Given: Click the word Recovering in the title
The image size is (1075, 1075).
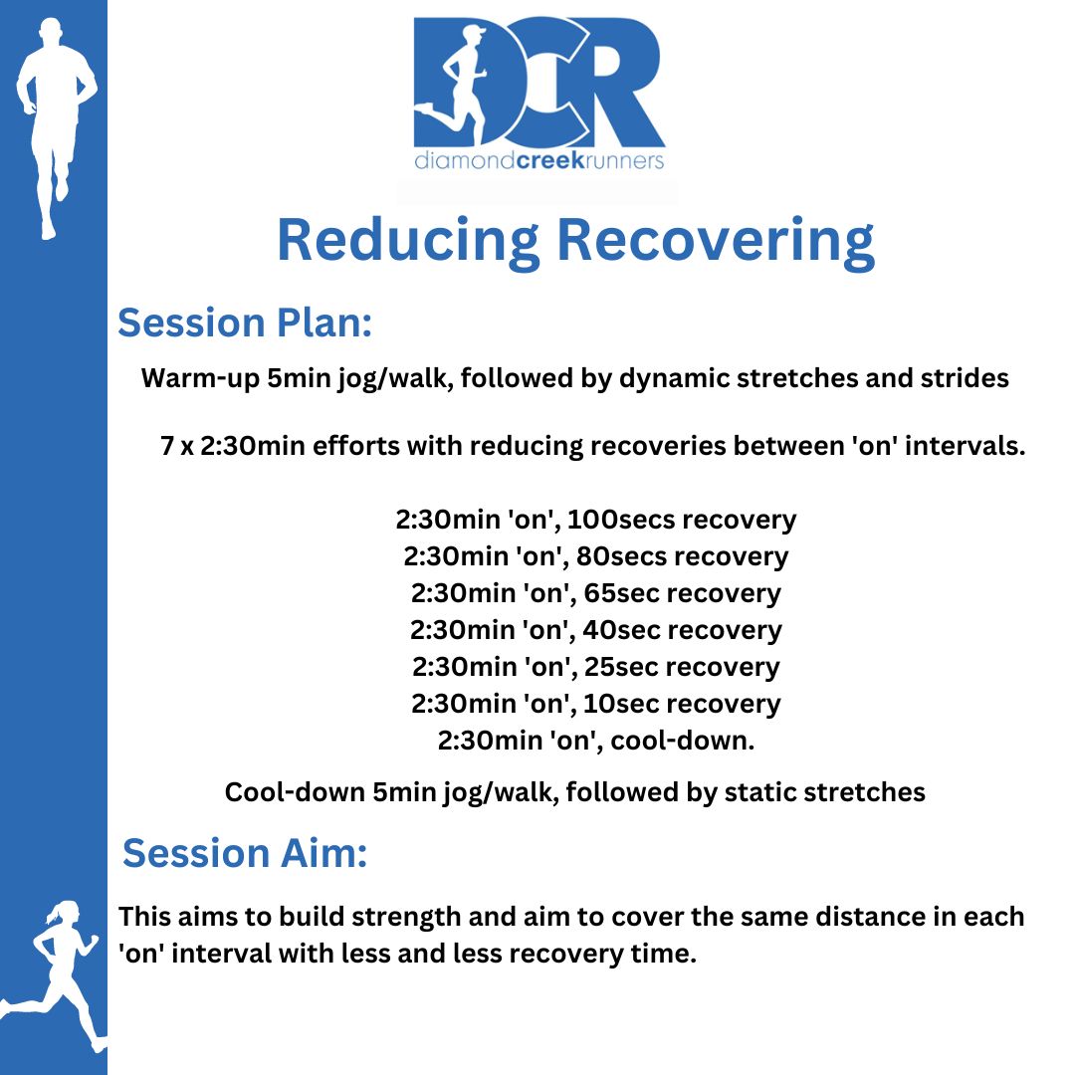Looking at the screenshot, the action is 716,242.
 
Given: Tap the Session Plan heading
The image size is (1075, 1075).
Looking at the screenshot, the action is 245,322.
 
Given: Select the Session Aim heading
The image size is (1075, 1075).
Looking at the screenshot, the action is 245,853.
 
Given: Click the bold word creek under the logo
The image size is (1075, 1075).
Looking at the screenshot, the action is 549,160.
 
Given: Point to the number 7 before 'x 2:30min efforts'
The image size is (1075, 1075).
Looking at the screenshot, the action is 166,446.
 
